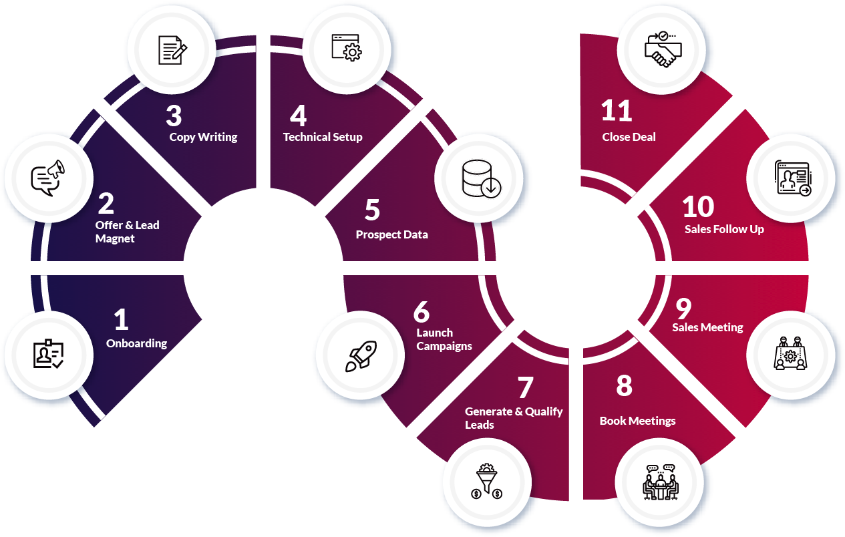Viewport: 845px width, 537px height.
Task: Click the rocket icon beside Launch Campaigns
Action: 360,355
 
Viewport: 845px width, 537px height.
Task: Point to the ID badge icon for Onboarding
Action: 49,355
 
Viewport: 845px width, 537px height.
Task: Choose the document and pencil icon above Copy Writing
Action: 172,50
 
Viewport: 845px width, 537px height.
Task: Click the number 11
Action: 616,111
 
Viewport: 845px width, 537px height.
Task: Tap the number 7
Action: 526,388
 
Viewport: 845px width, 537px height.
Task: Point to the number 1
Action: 121,320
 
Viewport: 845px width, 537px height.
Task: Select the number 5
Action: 372,210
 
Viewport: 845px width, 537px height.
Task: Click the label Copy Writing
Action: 203,137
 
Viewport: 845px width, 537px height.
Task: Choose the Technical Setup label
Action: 323,137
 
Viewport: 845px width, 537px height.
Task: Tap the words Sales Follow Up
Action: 724,229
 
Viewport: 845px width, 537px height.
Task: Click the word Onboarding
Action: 136,343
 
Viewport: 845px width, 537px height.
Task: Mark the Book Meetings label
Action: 637,421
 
